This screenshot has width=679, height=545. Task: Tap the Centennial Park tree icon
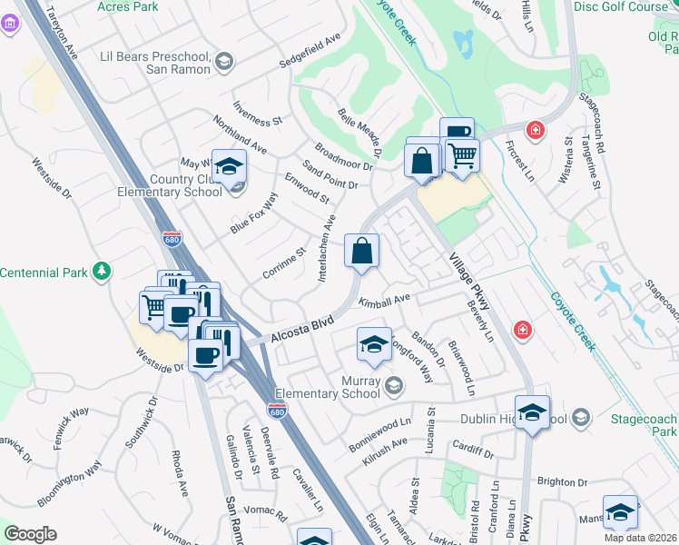tap(103, 271)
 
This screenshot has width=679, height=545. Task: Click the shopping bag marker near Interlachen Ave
tap(361, 251)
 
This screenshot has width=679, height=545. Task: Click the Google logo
tap(30, 533)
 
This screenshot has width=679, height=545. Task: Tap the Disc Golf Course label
tap(621, 7)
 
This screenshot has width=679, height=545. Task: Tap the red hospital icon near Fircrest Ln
tap(536, 130)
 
